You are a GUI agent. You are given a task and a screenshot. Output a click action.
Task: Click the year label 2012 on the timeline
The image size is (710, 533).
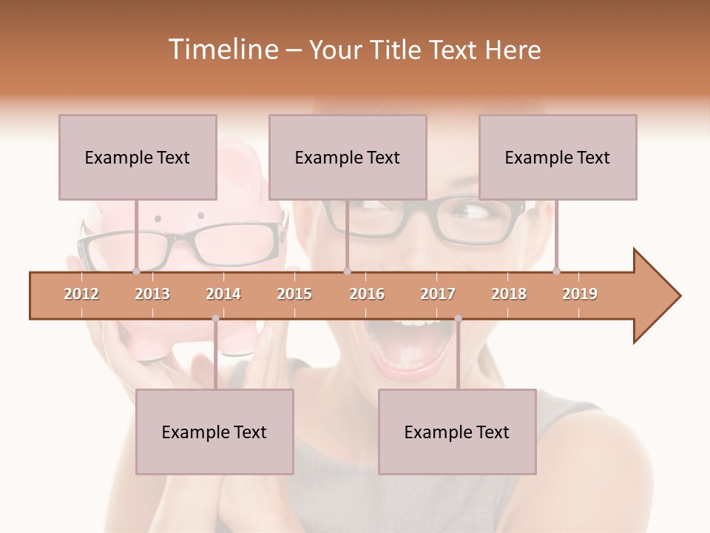tap(81, 294)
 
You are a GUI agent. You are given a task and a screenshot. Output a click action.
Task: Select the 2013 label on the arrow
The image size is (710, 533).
tap(152, 294)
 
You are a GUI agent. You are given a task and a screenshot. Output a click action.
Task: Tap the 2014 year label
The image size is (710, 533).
tap(223, 294)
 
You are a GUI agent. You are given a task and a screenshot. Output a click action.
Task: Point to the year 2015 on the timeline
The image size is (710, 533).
tap(294, 294)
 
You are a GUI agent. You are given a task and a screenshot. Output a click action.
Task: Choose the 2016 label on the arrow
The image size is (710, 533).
tap(367, 294)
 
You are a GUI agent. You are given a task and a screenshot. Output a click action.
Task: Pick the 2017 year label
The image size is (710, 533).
tap(438, 294)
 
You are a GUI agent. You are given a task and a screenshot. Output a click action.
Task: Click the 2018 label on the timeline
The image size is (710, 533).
tap(509, 294)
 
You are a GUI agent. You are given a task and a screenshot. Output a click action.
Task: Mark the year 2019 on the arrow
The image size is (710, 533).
tap(580, 294)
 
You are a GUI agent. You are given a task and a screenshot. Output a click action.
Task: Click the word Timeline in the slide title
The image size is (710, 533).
tap(222, 50)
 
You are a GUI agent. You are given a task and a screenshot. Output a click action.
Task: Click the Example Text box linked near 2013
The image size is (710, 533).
tap(138, 157)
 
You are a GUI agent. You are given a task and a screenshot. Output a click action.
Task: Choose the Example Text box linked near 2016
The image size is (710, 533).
tap(348, 157)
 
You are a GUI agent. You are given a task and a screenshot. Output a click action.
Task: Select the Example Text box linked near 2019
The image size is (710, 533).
tap(558, 157)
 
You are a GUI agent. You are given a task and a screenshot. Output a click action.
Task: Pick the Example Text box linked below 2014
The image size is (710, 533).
tap(214, 432)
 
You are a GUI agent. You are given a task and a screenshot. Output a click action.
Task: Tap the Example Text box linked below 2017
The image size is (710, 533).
tap(457, 432)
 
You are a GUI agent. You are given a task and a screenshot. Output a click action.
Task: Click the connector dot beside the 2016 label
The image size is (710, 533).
tap(347, 271)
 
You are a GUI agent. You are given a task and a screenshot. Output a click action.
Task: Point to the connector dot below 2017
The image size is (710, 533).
tap(458, 319)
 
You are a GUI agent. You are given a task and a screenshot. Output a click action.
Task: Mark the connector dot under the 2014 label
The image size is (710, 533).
tap(215, 319)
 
